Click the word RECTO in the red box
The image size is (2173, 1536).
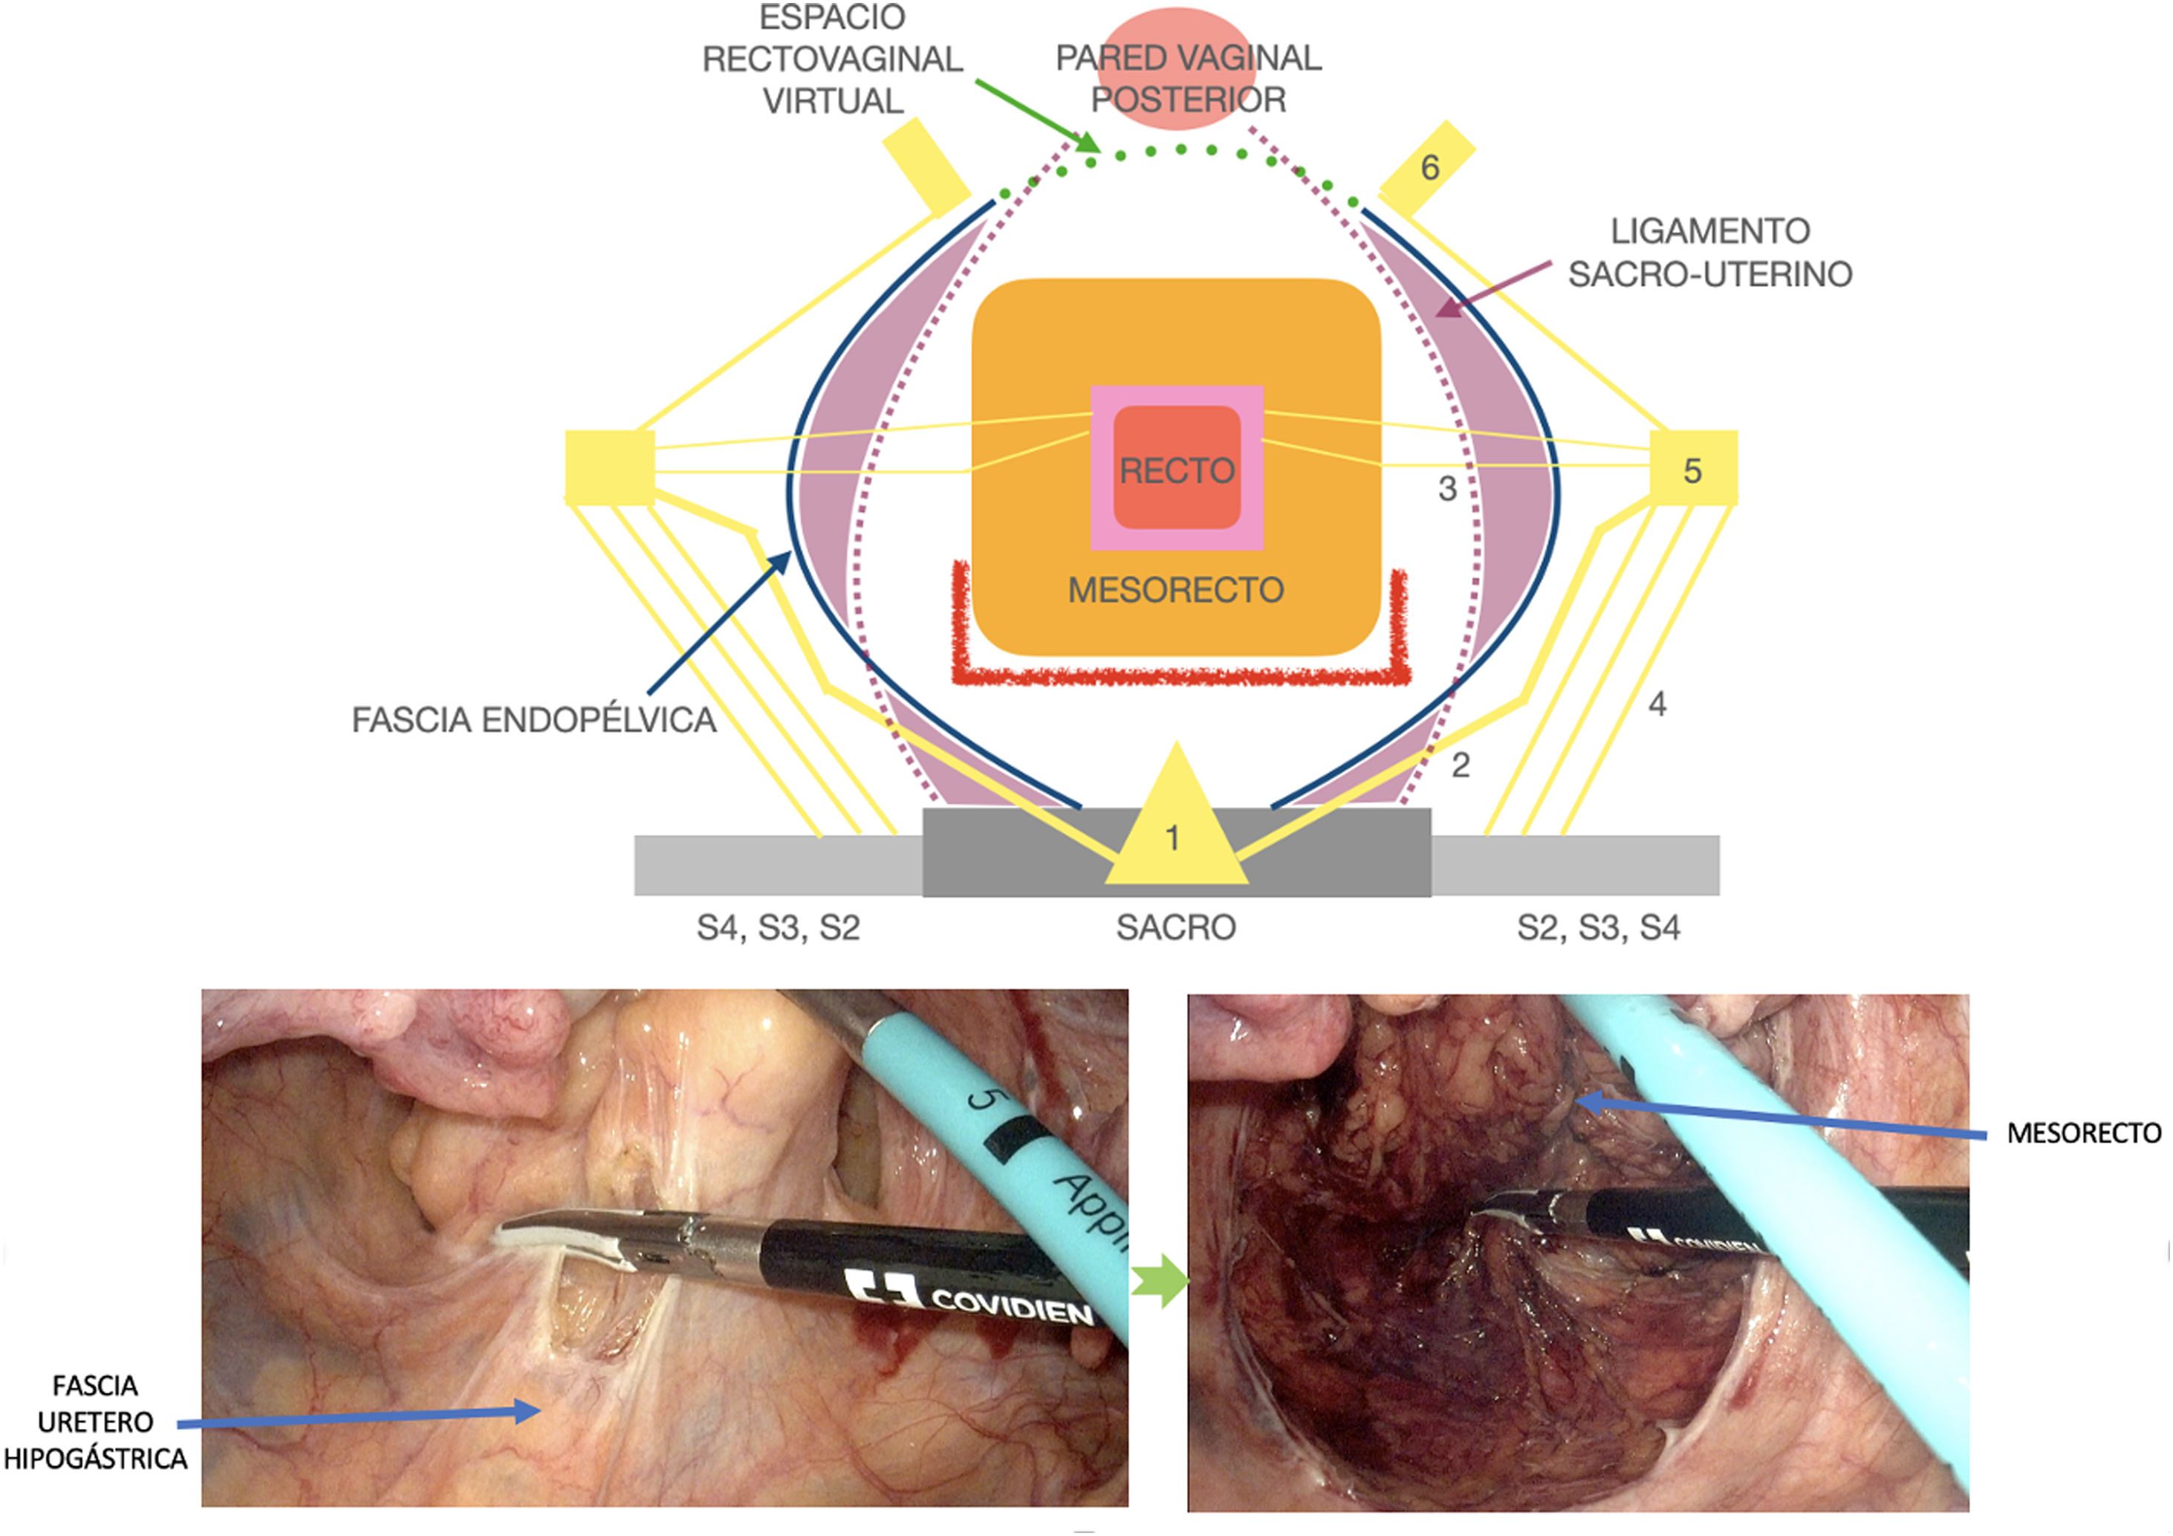click(x=1177, y=470)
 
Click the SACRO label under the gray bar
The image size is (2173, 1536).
click(x=1175, y=927)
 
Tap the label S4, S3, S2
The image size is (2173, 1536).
click(x=778, y=927)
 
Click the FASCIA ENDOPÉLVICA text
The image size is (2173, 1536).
click(x=534, y=720)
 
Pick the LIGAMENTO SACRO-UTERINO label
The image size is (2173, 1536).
click(x=1709, y=253)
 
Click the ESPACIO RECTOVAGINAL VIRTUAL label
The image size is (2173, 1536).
click(x=832, y=59)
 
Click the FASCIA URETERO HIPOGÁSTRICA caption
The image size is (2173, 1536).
click(x=94, y=1422)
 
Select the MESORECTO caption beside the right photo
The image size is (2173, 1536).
click(x=2083, y=1132)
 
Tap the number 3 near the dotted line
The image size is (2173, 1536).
click(x=1447, y=488)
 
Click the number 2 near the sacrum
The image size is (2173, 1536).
click(x=1461, y=765)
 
